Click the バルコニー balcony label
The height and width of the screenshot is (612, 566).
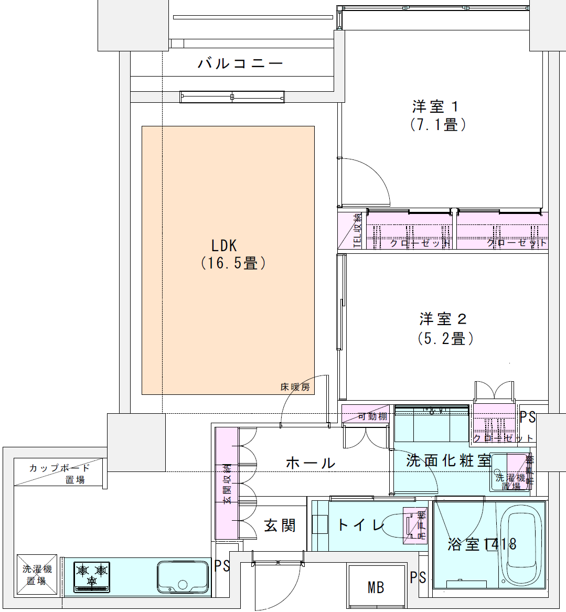[x=240, y=64]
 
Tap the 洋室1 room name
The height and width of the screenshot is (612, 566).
[x=436, y=107]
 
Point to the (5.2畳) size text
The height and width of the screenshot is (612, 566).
[x=445, y=338]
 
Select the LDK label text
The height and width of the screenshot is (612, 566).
[x=224, y=245]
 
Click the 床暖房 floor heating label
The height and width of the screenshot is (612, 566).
[x=295, y=388]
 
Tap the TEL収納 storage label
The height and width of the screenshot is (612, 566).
[x=357, y=230]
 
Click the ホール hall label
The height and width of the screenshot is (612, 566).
[x=311, y=463]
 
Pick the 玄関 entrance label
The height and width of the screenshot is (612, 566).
[x=280, y=525]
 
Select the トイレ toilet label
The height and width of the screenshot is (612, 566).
[x=360, y=525]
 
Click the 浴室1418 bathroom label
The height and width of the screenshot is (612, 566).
[x=482, y=544]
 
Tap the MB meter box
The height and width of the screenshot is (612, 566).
[x=376, y=587]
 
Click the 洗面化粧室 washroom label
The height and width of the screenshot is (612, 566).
[x=448, y=460]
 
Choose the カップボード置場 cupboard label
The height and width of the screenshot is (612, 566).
[x=60, y=473]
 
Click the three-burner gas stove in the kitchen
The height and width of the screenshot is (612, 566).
[x=92, y=576]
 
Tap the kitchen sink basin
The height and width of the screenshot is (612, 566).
[x=183, y=577]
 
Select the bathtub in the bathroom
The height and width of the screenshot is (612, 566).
[x=521, y=545]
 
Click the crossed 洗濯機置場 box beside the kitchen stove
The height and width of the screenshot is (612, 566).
[x=37, y=575]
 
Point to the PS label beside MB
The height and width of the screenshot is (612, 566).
[x=418, y=577]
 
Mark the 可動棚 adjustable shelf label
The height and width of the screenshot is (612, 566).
[x=372, y=416]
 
